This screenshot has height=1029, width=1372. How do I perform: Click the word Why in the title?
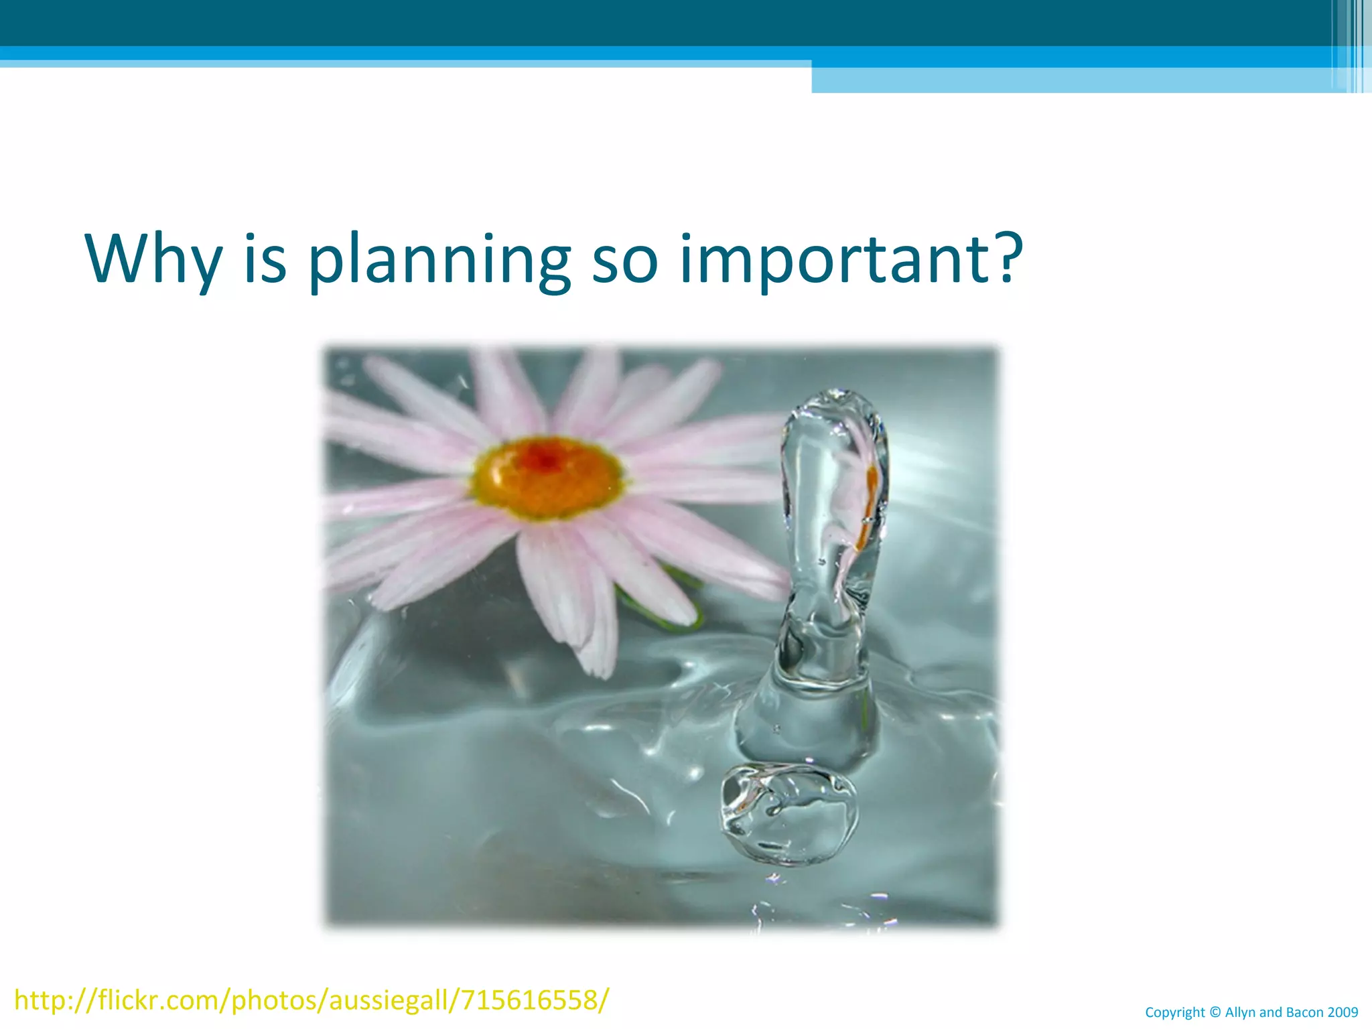pos(153,259)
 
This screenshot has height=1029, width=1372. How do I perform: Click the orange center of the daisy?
pos(547,476)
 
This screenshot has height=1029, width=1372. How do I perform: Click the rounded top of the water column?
pos(835,405)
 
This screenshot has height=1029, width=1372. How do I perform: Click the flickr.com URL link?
pos(312,1000)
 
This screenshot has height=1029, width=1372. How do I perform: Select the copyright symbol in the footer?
pos(1215,1012)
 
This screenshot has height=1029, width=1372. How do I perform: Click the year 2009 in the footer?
pos(1343,1012)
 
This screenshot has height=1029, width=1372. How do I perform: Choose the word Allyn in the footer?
pos(1241,1013)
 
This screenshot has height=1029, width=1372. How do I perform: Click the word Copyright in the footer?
pos(1175,1013)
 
